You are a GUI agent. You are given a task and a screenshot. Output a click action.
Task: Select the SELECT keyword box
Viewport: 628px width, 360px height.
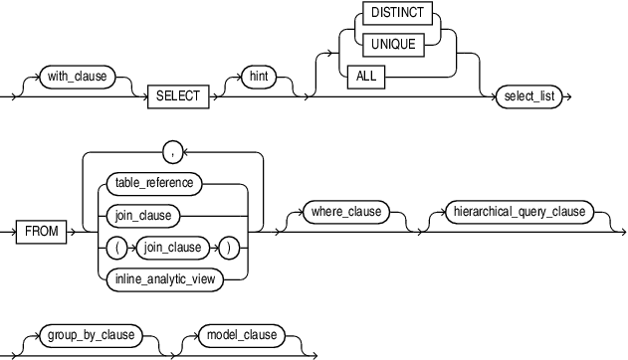[x=179, y=96]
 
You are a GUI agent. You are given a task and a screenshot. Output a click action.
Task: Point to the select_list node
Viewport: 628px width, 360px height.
[x=533, y=96]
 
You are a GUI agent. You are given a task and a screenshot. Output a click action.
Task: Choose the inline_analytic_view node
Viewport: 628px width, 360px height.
[x=161, y=278]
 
